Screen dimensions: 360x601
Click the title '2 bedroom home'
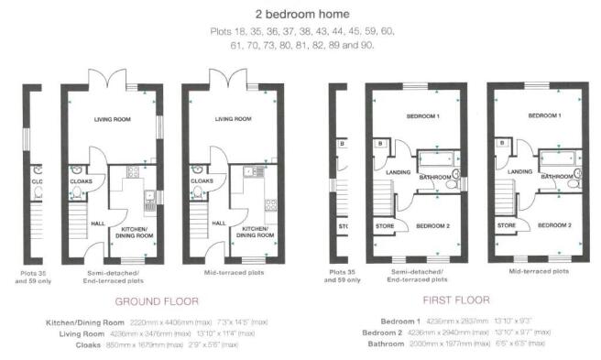tap(300, 15)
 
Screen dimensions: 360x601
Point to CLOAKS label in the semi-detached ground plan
tap(82, 181)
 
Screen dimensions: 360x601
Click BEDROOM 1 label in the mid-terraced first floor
tap(545, 118)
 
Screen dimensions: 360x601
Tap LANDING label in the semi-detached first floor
tap(397, 171)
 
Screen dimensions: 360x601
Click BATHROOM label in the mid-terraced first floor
tap(556, 176)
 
